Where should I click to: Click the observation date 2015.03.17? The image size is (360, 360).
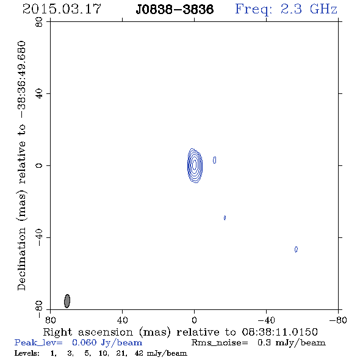62,9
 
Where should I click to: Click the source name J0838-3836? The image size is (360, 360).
175,9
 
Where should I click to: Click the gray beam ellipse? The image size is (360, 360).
67,301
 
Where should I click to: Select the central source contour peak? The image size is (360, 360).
195,165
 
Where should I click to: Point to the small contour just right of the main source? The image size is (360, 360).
214,160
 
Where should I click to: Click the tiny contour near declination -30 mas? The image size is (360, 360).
225,218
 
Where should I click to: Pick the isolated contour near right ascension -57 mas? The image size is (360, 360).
296,250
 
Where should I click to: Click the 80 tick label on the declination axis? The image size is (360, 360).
39,22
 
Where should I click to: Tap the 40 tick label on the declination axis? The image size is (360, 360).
39,94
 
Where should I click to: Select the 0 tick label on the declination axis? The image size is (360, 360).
39,165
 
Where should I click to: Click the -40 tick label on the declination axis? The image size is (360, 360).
39,237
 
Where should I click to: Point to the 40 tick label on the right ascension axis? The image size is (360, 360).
122,320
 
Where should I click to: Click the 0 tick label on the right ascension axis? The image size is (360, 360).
194,320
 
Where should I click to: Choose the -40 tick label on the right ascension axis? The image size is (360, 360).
266,320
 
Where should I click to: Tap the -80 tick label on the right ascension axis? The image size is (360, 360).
338,320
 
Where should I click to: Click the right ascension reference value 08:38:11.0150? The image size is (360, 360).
280,332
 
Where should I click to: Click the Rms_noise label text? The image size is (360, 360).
220,343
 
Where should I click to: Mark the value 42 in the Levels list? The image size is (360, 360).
139,353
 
